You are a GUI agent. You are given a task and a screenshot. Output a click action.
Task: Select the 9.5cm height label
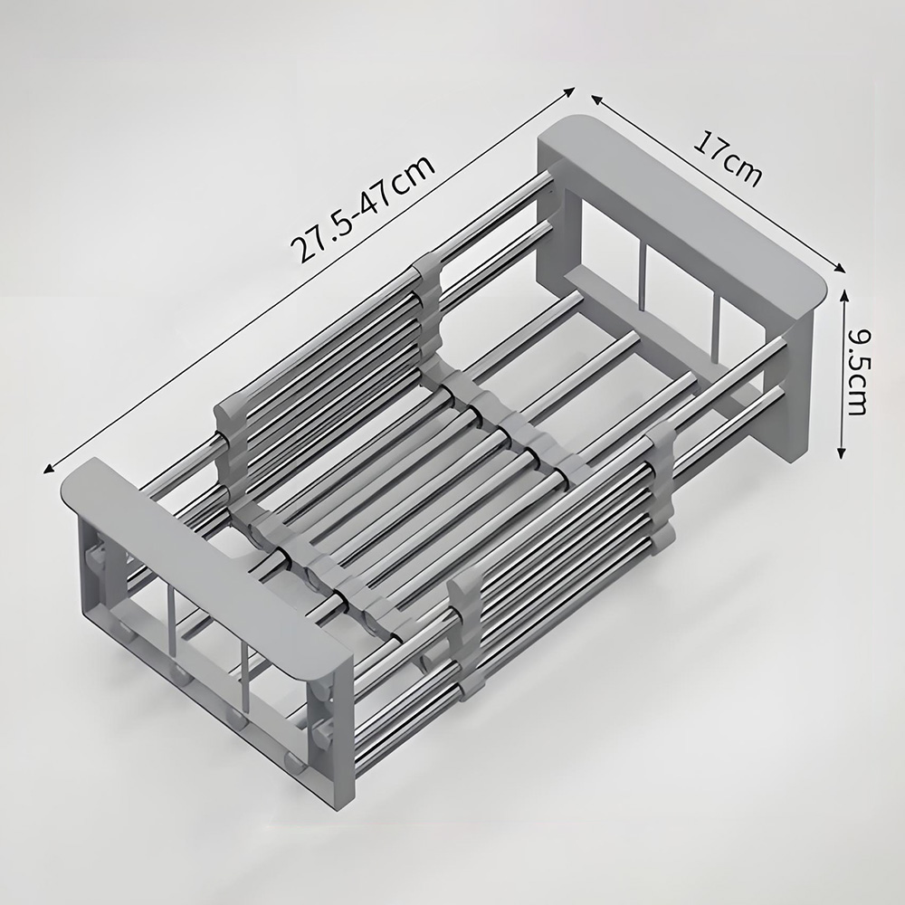[858, 370]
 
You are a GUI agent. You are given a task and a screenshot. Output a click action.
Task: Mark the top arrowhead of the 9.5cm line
[843, 293]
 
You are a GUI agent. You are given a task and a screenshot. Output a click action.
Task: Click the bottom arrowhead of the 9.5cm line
[843, 452]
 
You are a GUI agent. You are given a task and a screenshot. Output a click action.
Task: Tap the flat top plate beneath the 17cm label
[688, 217]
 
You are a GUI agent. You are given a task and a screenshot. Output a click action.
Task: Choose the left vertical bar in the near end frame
[172, 624]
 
